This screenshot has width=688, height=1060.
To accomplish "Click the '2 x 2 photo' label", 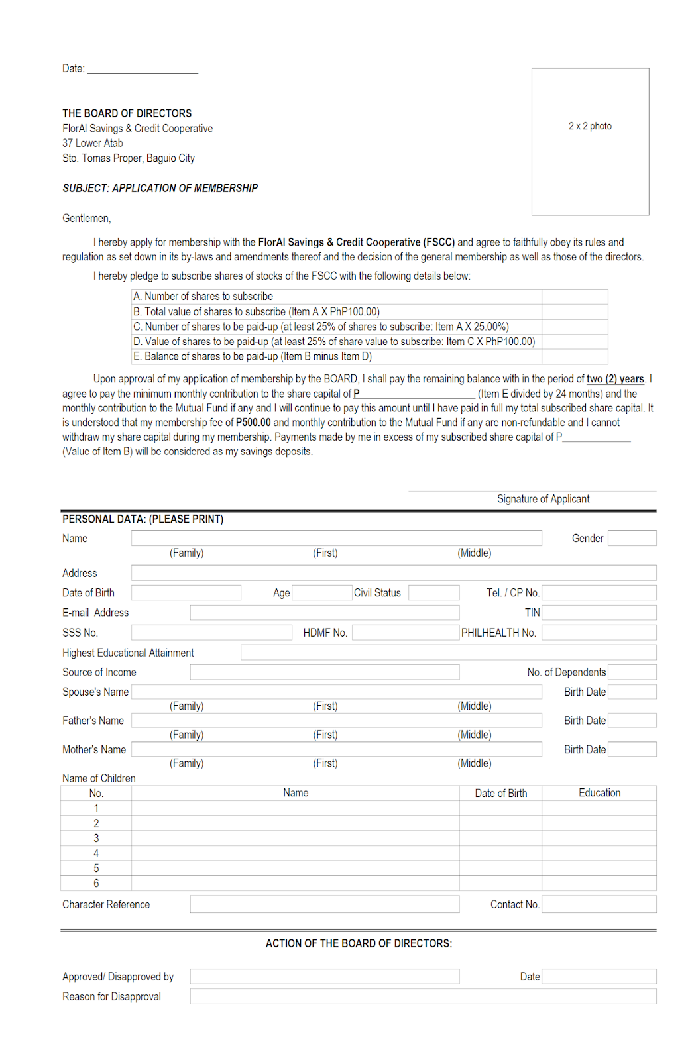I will pos(589,126).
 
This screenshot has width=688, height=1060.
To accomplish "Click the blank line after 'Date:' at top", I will pos(143,69).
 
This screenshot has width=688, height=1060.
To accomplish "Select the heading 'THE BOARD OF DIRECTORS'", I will pos(127,113).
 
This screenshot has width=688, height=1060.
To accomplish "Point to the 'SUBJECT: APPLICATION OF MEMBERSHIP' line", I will pos(160,188).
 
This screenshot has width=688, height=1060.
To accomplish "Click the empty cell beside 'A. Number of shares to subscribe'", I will pos(574,296).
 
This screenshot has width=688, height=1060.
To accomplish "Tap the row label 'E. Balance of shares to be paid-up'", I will pos(252,356).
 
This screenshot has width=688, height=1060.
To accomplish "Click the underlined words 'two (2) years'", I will pos(615,379).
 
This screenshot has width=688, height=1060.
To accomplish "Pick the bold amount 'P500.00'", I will pos(253,423).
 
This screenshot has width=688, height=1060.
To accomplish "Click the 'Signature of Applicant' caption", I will pos(543,499).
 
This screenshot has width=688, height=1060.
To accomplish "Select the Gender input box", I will pos(632,538).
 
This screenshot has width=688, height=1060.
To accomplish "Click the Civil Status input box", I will pos(433,592).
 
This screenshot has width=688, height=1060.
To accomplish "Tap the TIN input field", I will pos(599,612).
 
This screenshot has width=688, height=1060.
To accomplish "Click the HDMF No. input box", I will pos(405,633).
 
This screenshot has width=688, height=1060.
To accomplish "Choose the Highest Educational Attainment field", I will pos(448,653).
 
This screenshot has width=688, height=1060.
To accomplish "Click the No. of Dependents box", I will pos(632,672).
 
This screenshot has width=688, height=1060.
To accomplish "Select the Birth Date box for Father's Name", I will pos(632,720).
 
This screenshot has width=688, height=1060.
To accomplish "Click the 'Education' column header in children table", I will pos(599,793).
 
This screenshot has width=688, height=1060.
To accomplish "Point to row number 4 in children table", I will pos(96,853).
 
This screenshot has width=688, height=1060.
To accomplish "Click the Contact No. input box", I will pos(599,904).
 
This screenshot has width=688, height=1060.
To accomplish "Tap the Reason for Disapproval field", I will pos(423,996).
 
